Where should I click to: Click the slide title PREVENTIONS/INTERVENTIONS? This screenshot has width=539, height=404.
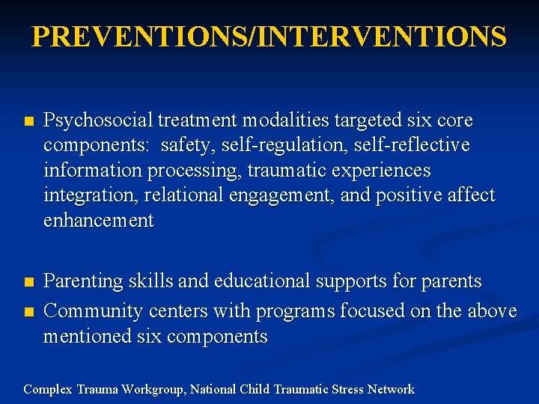tap(269, 37)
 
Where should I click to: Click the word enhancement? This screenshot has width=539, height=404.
tap(98, 221)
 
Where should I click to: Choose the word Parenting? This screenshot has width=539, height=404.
tap(83, 281)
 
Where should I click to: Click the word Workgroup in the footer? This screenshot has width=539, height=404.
tap(150, 389)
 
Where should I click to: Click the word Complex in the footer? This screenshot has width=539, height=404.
tap(46, 389)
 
